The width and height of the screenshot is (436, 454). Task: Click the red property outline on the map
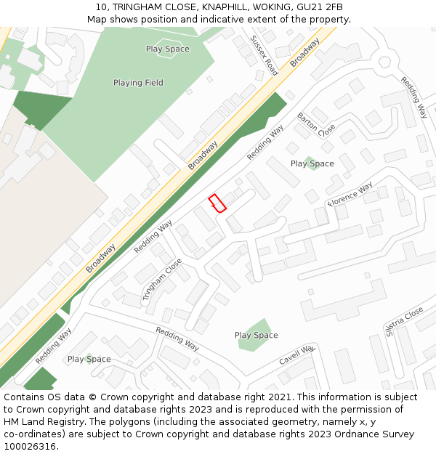click(217, 203)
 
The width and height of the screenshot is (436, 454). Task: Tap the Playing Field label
click(138, 83)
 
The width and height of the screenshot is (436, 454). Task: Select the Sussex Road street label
click(264, 55)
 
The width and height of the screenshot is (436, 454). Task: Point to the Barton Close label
click(316, 125)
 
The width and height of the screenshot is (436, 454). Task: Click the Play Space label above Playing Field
click(167, 49)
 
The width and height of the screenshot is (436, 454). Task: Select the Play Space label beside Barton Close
click(312, 163)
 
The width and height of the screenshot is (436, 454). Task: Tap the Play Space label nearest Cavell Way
click(256, 335)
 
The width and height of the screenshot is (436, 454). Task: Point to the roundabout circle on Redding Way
click(384, 62)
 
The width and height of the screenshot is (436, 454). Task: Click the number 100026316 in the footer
click(31, 446)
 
